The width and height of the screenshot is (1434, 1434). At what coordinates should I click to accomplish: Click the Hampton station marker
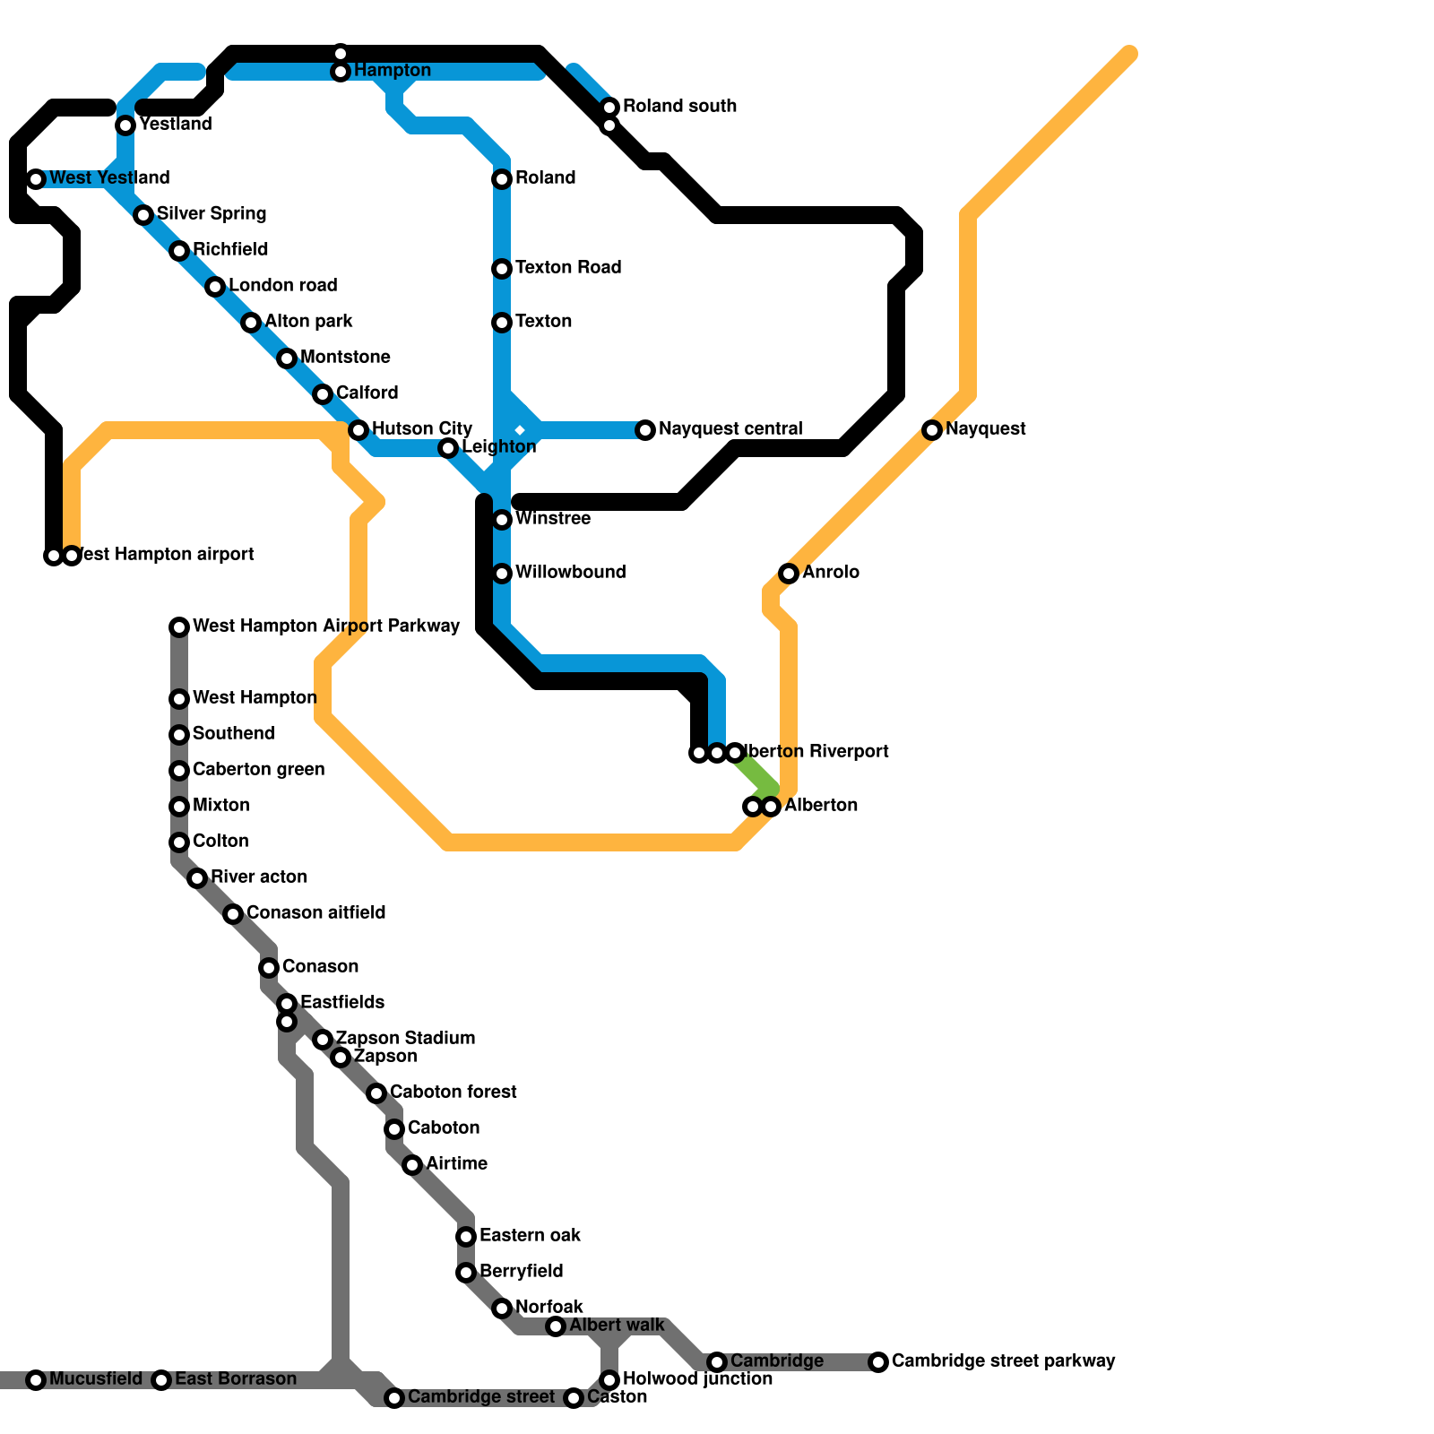click(341, 72)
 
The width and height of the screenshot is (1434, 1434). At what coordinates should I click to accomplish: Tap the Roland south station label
click(679, 107)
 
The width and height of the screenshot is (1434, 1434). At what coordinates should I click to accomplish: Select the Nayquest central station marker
click(645, 430)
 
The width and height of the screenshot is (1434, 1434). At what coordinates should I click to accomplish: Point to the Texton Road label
click(568, 268)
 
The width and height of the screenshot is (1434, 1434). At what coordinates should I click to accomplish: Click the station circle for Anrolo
click(789, 574)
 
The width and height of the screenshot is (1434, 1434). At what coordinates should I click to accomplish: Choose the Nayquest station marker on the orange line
click(932, 430)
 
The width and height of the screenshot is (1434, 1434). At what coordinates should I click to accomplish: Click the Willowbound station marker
click(502, 574)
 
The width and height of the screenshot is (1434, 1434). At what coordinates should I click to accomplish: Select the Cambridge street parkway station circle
click(878, 1362)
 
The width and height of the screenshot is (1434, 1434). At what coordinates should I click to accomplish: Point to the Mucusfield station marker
click(36, 1380)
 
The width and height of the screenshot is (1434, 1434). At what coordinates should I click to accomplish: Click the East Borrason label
click(235, 1379)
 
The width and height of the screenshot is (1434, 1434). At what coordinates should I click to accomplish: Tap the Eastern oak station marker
click(466, 1237)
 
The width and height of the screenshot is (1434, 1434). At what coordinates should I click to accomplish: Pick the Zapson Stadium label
click(405, 1039)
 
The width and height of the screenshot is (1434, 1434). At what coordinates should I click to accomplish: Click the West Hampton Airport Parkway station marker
click(179, 627)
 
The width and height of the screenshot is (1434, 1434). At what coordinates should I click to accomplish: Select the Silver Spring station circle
click(143, 215)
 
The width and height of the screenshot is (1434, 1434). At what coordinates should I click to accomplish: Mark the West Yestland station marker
click(36, 179)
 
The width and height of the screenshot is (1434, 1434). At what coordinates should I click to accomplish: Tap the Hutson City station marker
click(358, 430)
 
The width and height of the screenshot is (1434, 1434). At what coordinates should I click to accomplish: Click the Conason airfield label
click(315, 913)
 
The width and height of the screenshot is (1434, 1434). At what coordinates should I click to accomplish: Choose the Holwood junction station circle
click(609, 1380)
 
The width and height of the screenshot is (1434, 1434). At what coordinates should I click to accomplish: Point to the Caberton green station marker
click(179, 771)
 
